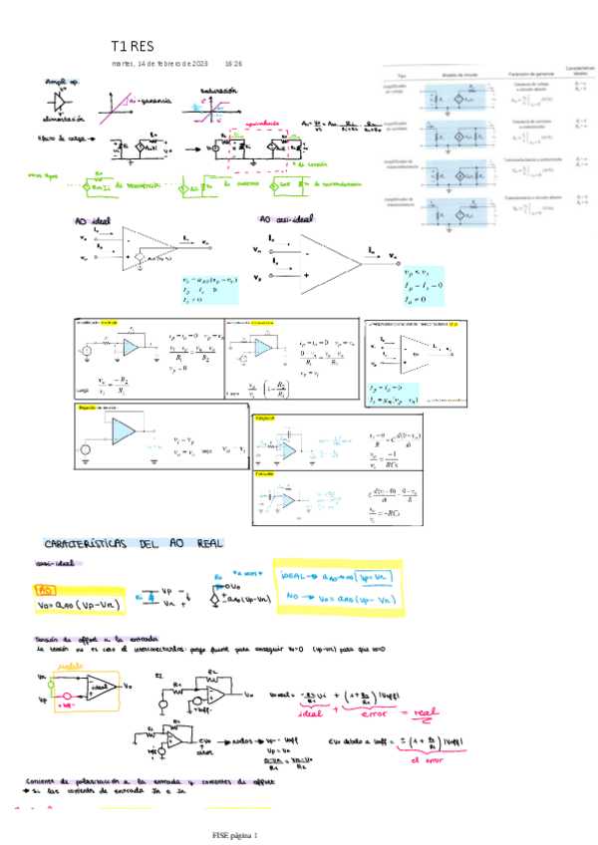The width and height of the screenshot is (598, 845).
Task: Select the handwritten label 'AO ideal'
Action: point(94,219)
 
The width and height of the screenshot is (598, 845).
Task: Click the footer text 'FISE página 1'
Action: point(234,834)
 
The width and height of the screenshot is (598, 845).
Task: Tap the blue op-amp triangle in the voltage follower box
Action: point(123,429)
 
